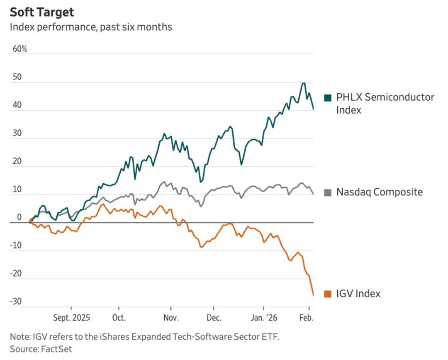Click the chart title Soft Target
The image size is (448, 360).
tap(42, 12)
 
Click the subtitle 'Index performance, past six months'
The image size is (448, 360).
tap(91, 27)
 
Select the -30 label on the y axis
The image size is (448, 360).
tap(16, 302)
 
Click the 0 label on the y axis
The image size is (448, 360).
tap(19, 218)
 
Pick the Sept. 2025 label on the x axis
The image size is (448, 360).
tap(71, 318)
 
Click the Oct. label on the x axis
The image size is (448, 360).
tap(119, 318)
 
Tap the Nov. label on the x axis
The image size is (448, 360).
tap(171, 318)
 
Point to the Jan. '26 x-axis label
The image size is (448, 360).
tap(263, 318)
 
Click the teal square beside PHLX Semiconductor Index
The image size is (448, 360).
tap(328, 98)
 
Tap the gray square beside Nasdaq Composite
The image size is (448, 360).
tap(328, 192)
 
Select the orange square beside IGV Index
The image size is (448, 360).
tap(328, 294)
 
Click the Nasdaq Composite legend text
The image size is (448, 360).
tap(379, 192)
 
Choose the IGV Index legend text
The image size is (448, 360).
tap(358, 294)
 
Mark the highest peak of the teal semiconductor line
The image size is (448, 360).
tap(304, 83)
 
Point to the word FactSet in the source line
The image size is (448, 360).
tap(56, 349)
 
